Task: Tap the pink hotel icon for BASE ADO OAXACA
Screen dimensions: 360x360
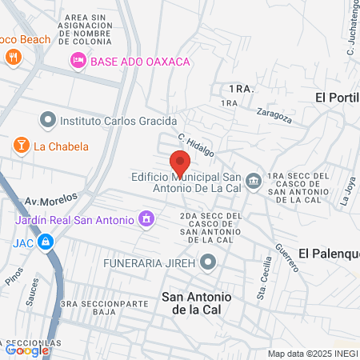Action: [78, 60]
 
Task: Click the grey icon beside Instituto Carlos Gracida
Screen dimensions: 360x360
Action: [47, 121]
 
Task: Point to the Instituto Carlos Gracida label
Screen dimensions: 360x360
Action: [117, 121]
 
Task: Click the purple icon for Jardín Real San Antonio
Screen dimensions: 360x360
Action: [146, 217]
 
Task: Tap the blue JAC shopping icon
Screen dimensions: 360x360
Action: [47, 240]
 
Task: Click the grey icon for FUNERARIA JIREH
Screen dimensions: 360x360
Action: [209, 262]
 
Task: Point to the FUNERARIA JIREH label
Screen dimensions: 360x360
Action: [150, 262]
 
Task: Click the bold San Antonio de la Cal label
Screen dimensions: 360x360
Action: [198, 303]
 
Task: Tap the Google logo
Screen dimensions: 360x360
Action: [27, 350]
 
